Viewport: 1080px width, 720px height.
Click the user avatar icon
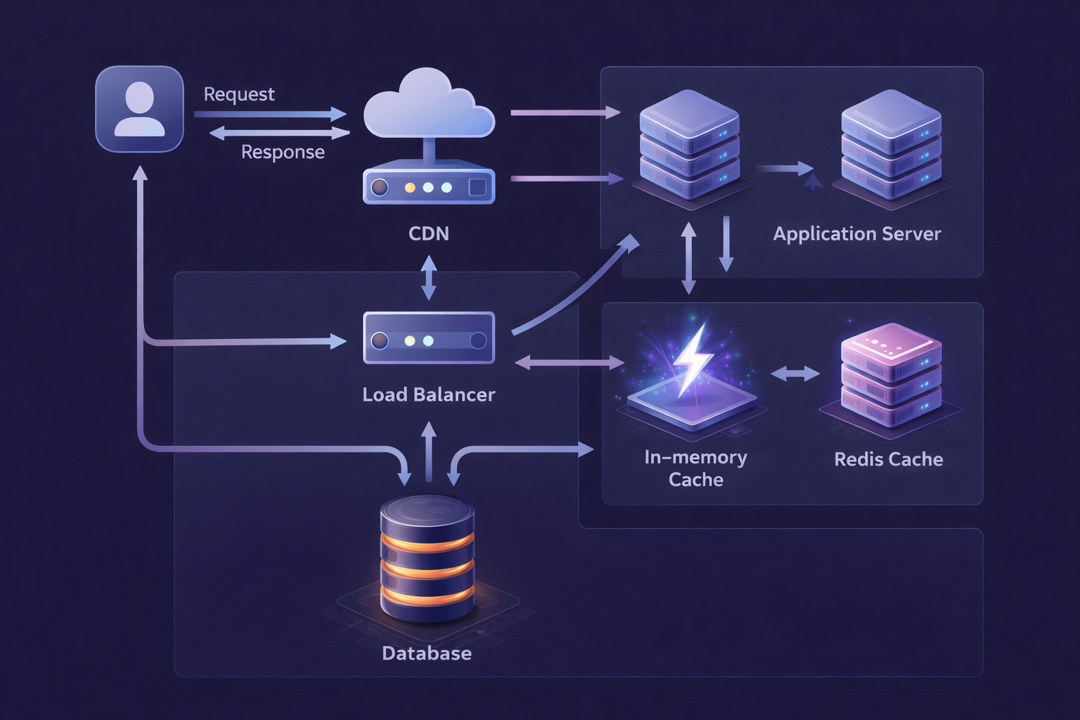(x=139, y=109)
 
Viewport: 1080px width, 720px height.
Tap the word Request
(x=239, y=94)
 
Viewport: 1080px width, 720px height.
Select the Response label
(x=283, y=152)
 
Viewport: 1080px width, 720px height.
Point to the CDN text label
(x=428, y=233)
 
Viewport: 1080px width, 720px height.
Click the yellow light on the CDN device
(x=410, y=188)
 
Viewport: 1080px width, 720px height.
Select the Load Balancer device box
(x=428, y=338)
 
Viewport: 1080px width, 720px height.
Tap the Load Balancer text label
(x=428, y=394)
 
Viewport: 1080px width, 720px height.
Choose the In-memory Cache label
(x=695, y=468)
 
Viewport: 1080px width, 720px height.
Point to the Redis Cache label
(x=888, y=459)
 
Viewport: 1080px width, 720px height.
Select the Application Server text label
(x=856, y=233)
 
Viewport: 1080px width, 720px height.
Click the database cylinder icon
(x=427, y=559)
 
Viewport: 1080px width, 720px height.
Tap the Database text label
(x=426, y=653)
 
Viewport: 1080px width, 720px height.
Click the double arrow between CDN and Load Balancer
(x=428, y=278)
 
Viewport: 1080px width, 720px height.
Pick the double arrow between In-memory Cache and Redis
(x=795, y=374)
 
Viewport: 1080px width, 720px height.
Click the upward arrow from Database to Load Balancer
(x=428, y=450)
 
